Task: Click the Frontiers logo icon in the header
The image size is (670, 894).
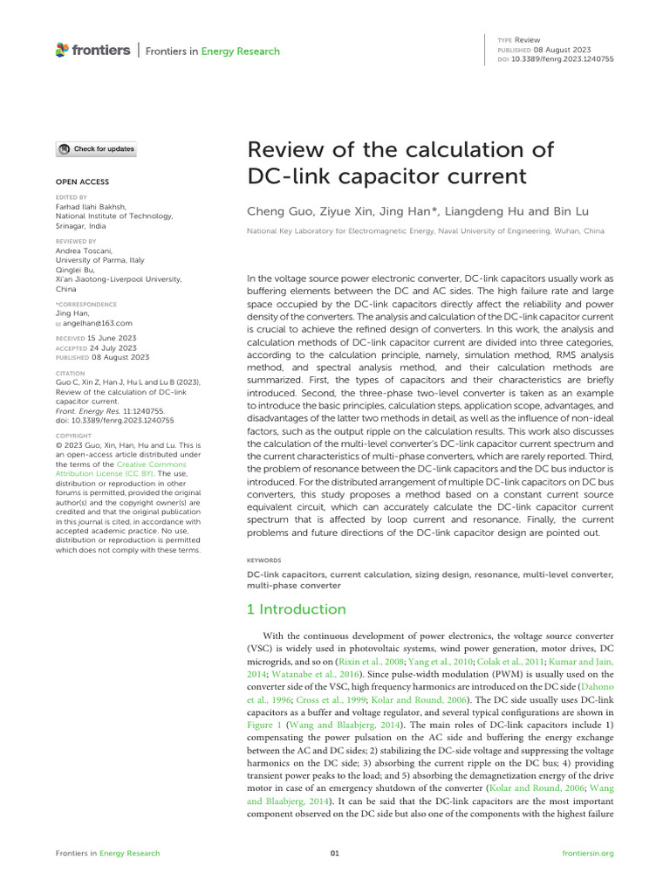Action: [x=61, y=51]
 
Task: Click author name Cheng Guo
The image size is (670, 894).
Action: [x=278, y=210]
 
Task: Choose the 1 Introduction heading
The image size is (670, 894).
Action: [x=297, y=609]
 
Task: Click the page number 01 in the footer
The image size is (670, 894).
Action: [x=334, y=853]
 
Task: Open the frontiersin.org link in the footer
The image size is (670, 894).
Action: [x=589, y=853]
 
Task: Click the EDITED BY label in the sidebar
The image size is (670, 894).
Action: [x=71, y=197]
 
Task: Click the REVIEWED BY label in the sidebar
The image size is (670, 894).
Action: [x=75, y=241]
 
